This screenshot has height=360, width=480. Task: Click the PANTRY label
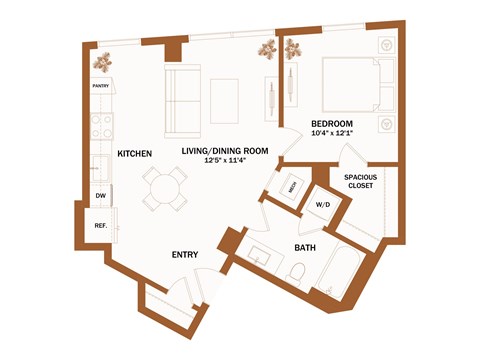101,87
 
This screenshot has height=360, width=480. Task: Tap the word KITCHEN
134,154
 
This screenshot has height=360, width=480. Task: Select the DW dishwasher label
100,196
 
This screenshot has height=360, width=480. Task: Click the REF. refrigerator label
101,225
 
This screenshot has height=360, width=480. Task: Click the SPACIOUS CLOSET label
361,181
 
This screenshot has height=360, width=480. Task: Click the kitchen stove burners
100,126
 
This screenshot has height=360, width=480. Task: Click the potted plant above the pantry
103,62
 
